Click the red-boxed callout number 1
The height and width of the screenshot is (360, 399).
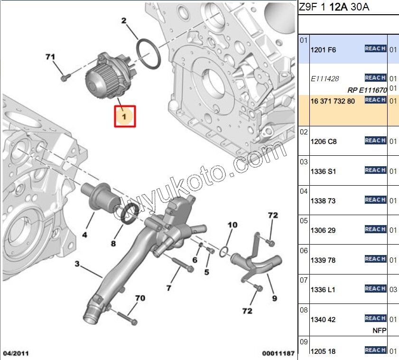124,117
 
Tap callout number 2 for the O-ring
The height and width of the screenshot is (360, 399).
124,20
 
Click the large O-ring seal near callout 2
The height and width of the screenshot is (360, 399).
148,54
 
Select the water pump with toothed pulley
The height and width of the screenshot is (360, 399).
107,76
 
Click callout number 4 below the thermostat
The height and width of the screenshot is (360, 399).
85,235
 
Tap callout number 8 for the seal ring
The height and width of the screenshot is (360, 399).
113,244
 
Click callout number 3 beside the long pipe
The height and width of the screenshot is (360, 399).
77,264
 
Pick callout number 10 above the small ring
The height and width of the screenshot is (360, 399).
232,225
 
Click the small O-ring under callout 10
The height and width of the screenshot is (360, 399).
223,252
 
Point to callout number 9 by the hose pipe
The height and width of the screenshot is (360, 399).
274,298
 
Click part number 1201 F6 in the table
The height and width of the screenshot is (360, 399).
323,50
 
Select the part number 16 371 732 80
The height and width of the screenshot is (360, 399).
333,101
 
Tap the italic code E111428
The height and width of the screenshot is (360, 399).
325,79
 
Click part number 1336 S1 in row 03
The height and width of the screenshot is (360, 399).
323,171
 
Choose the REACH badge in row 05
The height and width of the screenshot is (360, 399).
375,229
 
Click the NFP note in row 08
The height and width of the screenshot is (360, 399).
380,331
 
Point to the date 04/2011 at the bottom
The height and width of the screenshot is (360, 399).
16,353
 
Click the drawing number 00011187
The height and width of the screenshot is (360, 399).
278,353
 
